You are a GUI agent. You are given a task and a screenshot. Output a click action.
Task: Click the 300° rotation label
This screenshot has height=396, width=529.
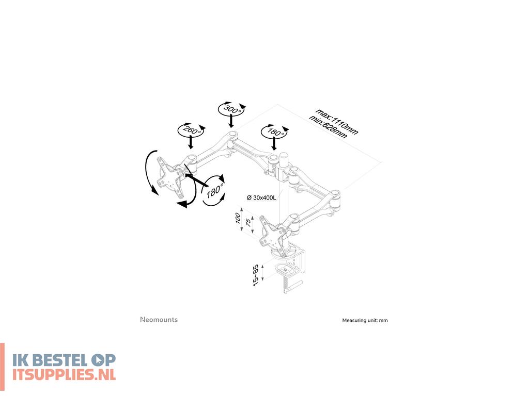pyautogui.click(x=230, y=109)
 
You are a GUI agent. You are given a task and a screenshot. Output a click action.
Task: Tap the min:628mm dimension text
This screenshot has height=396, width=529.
pyautogui.click(x=328, y=127)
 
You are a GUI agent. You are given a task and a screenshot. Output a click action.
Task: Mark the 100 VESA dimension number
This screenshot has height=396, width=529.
pyautogui.click(x=239, y=217)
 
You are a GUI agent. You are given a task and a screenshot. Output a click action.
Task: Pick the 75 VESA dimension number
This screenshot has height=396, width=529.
pyautogui.click(x=248, y=222)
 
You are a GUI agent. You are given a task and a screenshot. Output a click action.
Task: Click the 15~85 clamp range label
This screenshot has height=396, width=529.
pyautogui.click(x=255, y=275)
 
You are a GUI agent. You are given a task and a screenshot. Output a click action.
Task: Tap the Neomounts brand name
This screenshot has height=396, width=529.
pyautogui.click(x=159, y=320)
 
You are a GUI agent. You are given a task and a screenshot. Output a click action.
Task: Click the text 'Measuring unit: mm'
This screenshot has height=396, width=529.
pyautogui.click(x=365, y=320)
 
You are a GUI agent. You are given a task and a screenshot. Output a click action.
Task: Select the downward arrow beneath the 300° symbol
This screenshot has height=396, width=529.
pyautogui.click(x=231, y=122)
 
